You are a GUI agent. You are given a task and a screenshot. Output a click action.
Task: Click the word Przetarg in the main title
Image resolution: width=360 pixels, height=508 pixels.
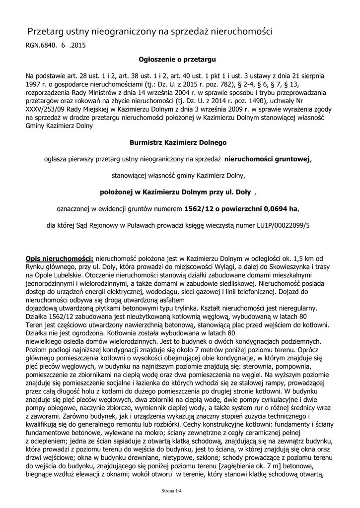46,32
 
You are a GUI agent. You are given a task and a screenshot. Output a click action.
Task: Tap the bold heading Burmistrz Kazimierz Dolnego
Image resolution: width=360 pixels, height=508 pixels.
178,142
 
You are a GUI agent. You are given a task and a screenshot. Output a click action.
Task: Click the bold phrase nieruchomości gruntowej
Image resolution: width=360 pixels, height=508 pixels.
267,159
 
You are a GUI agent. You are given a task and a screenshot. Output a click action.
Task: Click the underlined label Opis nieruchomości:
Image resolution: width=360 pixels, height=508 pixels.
60,258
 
